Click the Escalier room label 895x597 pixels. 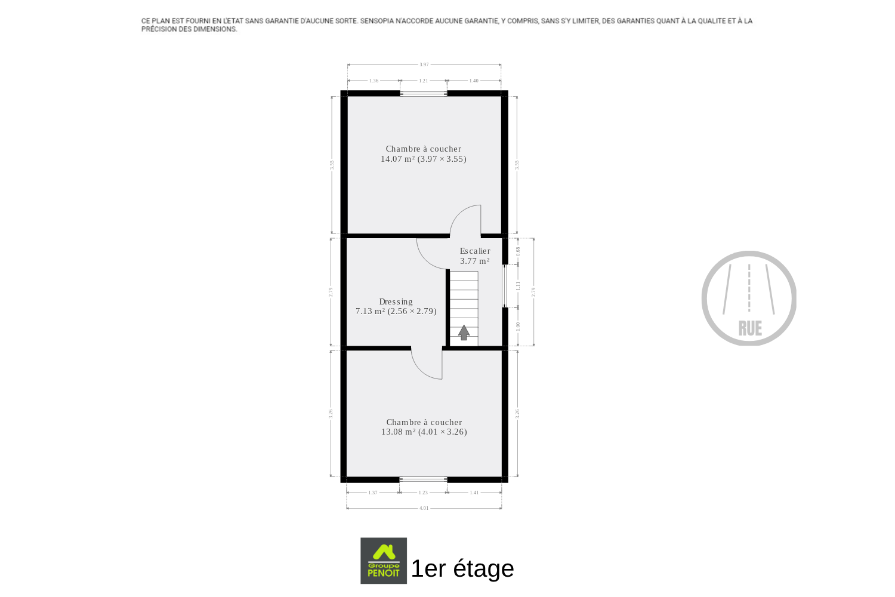point(475,251)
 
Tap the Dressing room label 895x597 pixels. point(396,301)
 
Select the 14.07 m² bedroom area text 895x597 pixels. point(423,159)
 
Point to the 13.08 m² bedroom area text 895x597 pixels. point(424,432)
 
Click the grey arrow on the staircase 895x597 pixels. point(464,333)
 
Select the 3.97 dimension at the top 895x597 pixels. point(424,64)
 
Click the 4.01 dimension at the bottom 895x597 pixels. point(424,508)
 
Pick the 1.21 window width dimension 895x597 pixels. point(423,81)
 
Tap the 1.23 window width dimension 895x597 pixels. point(422,493)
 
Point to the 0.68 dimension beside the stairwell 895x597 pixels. point(518,251)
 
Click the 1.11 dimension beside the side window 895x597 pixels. point(518,286)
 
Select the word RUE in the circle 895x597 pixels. point(750,329)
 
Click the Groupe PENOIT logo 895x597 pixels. point(384,561)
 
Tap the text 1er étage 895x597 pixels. point(462,568)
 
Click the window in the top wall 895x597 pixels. point(424,94)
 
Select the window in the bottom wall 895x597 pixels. point(423,479)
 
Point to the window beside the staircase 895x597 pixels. point(505,286)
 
